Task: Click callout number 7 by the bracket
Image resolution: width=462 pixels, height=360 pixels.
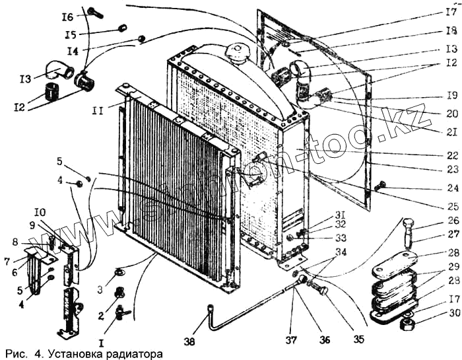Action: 7,262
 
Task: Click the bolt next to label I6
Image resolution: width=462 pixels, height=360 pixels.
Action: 94,11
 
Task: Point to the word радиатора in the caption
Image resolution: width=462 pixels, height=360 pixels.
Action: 134,353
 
